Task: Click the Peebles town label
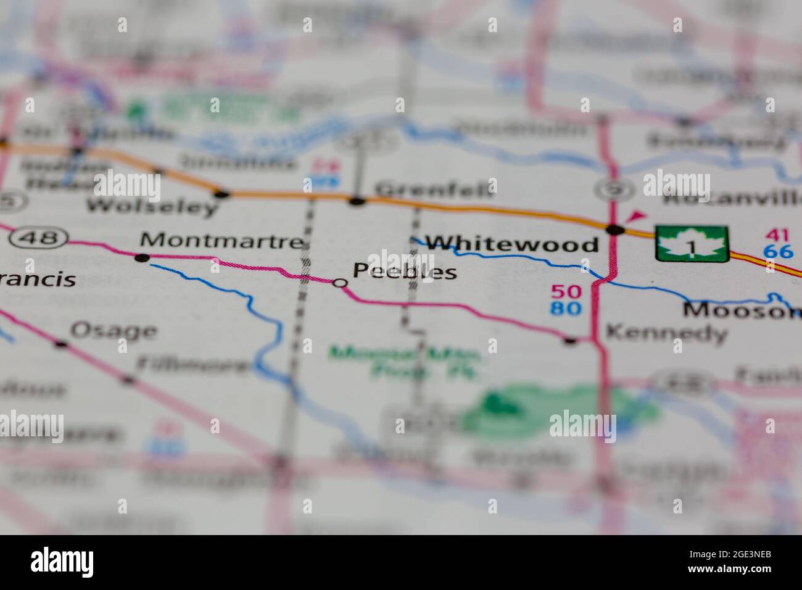405,271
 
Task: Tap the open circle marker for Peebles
340,283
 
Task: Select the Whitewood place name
513,244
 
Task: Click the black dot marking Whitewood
614,230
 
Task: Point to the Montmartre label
222,240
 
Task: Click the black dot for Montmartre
143,257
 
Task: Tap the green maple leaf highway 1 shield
692,244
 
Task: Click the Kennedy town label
666,333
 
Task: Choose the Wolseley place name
152,206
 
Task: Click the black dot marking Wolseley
221,194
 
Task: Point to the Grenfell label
434,188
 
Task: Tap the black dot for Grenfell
357,201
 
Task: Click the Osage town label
114,331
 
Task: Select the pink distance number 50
566,291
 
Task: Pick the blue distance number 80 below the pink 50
566,307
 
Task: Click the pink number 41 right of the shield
777,235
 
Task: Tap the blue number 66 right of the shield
777,252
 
